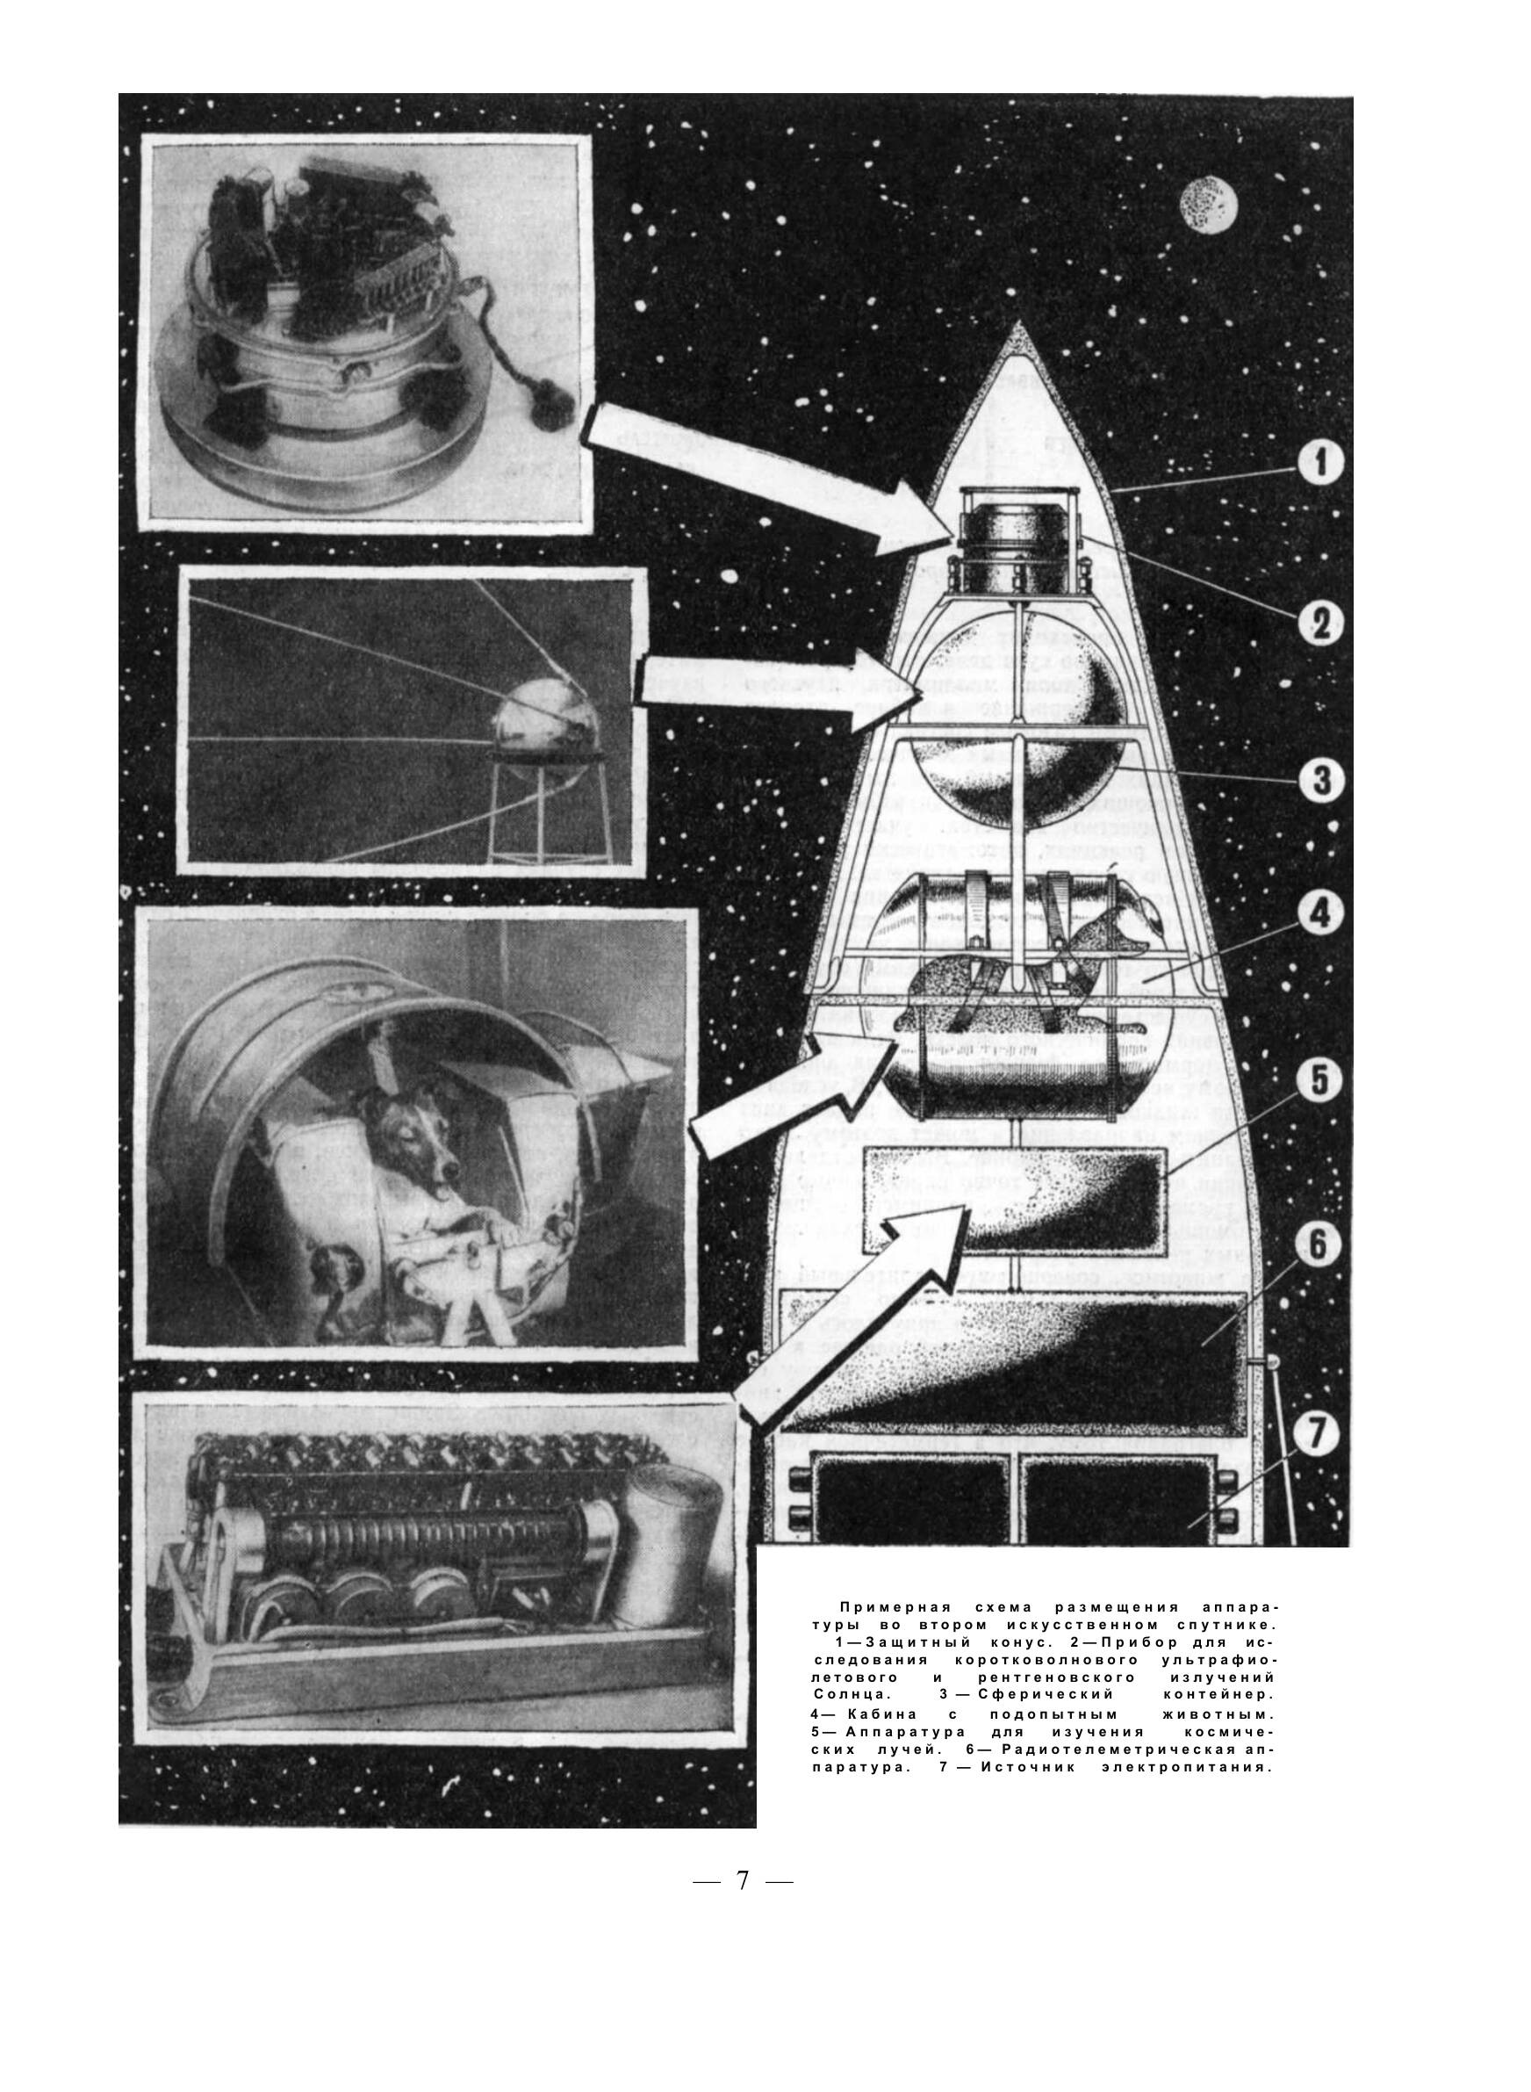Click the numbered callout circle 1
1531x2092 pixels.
click(x=1319, y=463)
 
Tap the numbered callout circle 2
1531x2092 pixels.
click(x=1319, y=622)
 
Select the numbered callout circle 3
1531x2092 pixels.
click(x=1319, y=780)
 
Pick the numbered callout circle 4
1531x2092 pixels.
click(x=1319, y=915)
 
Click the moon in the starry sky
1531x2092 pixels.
click(x=1209, y=202)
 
